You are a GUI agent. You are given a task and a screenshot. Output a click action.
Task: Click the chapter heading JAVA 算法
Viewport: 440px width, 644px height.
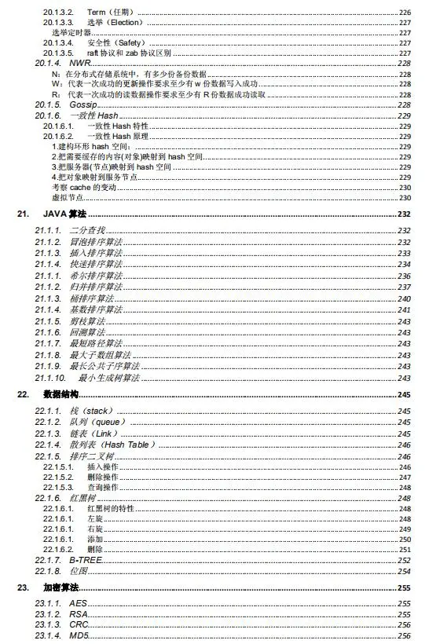[x=64, y=214]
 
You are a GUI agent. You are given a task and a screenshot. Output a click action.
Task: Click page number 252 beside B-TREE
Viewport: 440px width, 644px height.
[x=404, y=560]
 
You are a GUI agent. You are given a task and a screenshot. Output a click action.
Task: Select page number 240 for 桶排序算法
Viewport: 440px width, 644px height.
[x=404, y=298]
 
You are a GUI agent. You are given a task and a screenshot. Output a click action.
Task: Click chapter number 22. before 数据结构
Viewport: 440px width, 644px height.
[x=24, y=394]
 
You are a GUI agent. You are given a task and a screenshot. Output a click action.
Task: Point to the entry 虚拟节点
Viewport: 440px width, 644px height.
[x=68, y=198]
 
